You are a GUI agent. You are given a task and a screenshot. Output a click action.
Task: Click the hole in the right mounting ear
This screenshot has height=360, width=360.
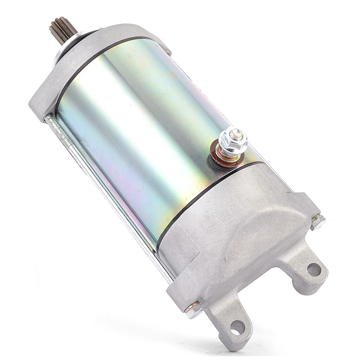pos(313,269)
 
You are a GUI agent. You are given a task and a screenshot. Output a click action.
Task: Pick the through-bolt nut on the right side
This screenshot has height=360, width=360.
pos(318,222)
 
